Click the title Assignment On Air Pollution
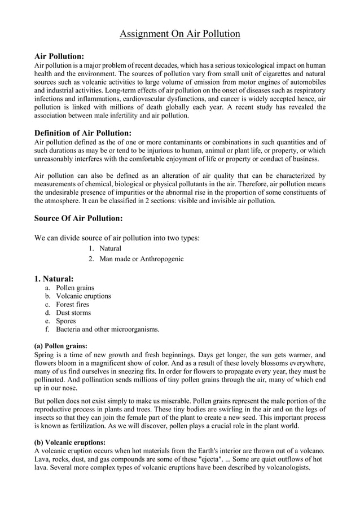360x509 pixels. [x=180, y=34]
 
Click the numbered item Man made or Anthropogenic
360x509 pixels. [x=141, y=259]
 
